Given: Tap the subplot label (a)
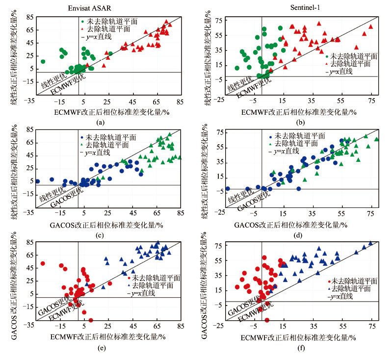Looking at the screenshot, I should pos(100,122).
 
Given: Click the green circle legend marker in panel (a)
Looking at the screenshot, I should pos(82,23).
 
